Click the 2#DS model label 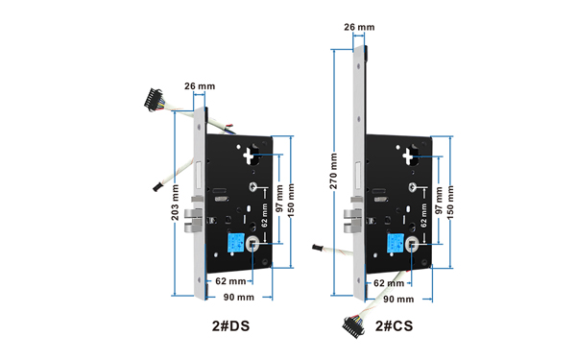[x=230, y=325]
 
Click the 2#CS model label [x=395, y=325]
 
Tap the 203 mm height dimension [x=176, y=203]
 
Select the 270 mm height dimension [x=333, y=171]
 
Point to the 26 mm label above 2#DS [x=200, y=86]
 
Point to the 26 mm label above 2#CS [x=359, y=27]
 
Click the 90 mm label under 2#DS [x=239, y=298]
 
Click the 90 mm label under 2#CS [x=398, y=300]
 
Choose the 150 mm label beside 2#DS [x=291, y=201]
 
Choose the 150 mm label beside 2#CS [x=450, y=203]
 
